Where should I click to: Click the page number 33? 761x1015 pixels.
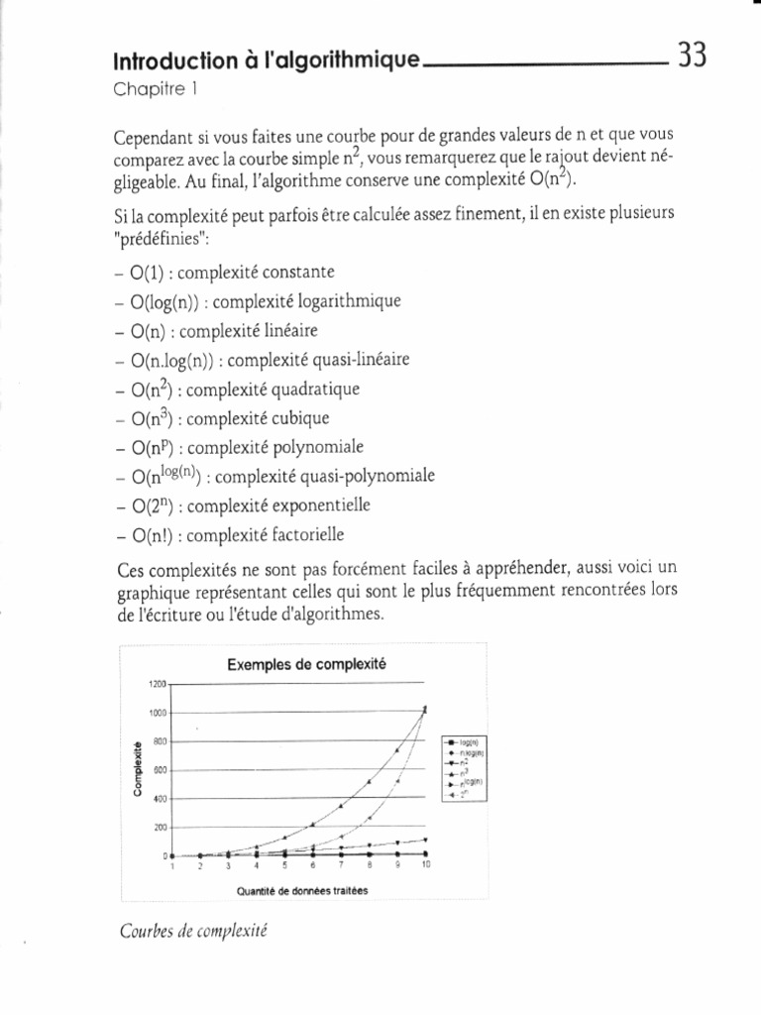tap(692, 56)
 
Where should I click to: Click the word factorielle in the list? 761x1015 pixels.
tap(300, 535)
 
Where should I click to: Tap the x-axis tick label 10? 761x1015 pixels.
tap(425, 865)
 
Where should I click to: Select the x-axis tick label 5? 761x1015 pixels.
tap(284, 865)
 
